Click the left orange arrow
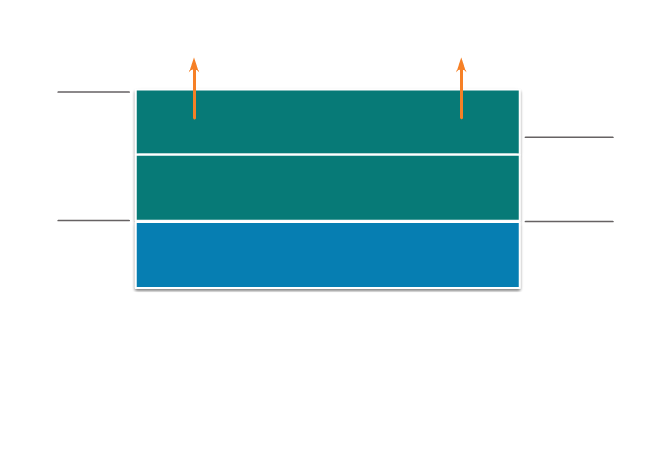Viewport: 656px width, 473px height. [194, 89]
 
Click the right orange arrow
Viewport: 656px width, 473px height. [461, 89]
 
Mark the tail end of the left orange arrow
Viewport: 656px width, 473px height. [194, 118]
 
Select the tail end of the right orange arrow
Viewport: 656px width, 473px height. [461, 118]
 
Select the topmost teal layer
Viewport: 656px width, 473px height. [328, 122]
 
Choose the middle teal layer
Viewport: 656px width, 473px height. [328, 187]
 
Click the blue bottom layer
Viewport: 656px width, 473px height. [328, 254]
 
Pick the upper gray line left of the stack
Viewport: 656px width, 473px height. [94, 92]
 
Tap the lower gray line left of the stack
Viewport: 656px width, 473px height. [94, 220]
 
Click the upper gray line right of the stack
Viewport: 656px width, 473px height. [568, 137]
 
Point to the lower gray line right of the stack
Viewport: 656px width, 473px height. [568, 221]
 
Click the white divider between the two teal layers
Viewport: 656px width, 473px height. [328, 154]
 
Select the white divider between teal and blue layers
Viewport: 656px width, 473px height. [328, 221]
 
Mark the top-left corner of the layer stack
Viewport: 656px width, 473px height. [136, 90]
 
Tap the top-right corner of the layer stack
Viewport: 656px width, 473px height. [519, 90]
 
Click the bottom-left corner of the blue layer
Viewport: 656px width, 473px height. [136, 287]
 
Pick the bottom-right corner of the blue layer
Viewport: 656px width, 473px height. [519, 287]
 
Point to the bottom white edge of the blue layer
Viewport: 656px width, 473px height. [328, 287]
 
